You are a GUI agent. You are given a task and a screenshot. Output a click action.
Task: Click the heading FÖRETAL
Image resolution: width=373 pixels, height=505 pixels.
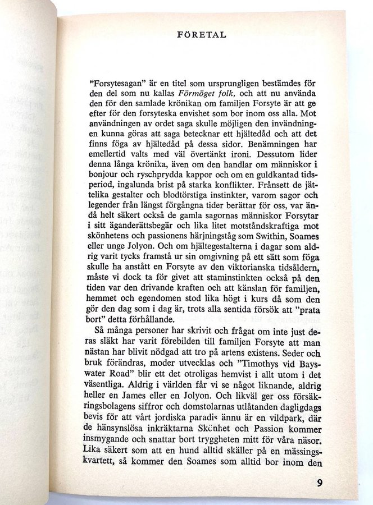tap(201, 34)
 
